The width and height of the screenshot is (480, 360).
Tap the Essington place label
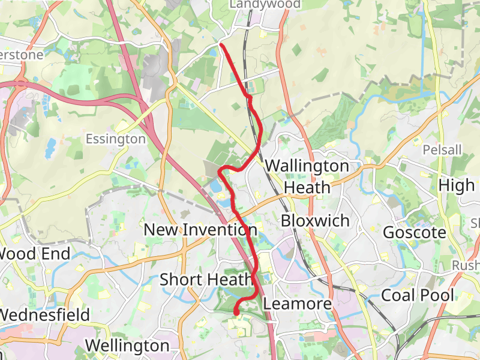point(116,139)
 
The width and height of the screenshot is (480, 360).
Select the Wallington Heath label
point(307,176)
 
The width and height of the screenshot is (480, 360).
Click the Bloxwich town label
point(315,221)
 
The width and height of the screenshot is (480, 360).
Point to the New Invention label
point(200,229)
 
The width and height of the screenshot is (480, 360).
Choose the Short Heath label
point(206,280)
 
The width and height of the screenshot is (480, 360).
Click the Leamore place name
point(298,304)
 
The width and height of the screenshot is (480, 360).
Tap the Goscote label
point(415,232)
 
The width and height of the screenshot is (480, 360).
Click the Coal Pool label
point(418,295)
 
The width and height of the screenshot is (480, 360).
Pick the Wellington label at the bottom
point(127,346)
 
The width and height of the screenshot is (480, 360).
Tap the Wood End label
point(34,253)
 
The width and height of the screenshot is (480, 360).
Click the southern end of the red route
point(236,312)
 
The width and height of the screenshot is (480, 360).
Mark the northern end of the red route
point(222,45)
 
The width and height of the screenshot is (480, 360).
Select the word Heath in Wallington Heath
point(307,187)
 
